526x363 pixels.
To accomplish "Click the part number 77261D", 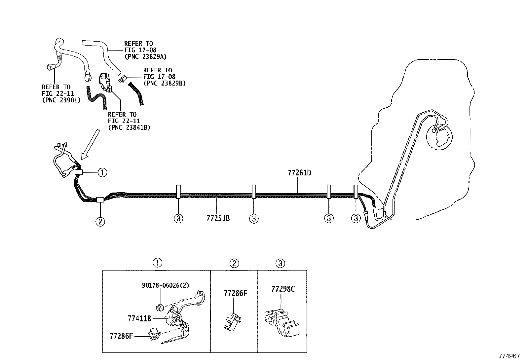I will [299, 173].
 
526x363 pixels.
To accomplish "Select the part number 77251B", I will [218, 218].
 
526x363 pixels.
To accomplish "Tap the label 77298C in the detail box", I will [283, 289].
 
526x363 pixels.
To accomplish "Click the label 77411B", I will [139, 318].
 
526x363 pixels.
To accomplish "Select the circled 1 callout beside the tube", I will [102, 172].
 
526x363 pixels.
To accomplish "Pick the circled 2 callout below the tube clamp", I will [100, 221].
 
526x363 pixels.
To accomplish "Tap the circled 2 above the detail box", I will [234, 263].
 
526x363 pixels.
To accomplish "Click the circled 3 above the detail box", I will [280, 263].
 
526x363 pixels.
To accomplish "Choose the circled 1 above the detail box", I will [157, 263].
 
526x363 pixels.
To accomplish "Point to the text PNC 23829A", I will [145, 56].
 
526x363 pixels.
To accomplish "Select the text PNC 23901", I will [61, 100].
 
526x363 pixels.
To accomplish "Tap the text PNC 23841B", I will [129, 127].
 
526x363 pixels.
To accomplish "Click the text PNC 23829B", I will [164, 84].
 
